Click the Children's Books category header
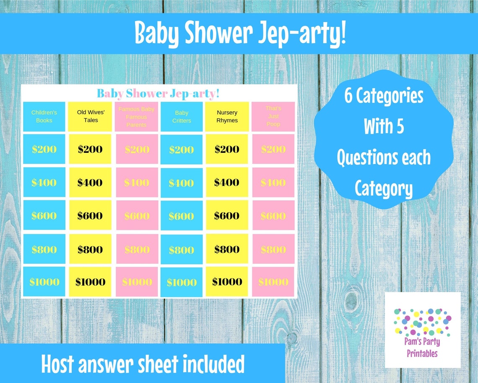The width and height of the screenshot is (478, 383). point(44,116)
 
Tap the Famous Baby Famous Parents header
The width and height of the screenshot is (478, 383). point(136,116)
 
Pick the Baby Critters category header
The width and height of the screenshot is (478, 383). point(182,116)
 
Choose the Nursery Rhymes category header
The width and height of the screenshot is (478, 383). point(227,116)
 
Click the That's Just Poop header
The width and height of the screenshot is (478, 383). point(273,116)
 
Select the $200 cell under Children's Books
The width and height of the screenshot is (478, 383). point(44,149)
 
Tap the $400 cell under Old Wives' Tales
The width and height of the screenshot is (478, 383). point(90,182)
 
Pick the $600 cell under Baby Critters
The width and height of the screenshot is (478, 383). point(181,216)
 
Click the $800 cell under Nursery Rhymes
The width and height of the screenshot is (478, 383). point(227,249)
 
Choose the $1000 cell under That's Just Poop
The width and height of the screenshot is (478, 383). point(273,282)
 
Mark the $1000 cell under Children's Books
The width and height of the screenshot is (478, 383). point(44,282)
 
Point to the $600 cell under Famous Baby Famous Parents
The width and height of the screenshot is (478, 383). point(137,216)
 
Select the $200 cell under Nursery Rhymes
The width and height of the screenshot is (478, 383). point(227,149)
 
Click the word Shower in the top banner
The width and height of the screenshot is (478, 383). point(216,34)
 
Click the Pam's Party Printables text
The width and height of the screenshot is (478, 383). point(422,348)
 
